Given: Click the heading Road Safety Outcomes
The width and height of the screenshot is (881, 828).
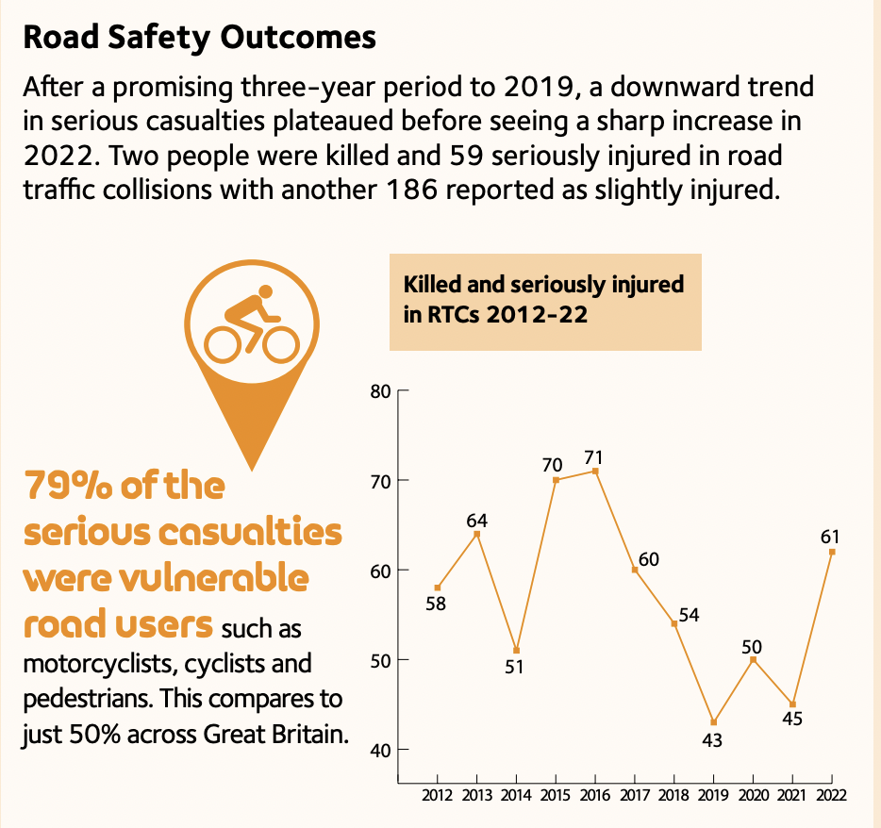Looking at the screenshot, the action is coord(199,38).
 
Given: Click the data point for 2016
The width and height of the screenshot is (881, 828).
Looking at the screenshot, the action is coord(595,471).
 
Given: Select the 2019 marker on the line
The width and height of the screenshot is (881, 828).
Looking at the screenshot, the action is coord(713,721).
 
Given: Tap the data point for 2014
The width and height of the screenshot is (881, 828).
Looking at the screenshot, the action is coord(516,650).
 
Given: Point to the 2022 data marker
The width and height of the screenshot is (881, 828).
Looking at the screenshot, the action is coord(832,552).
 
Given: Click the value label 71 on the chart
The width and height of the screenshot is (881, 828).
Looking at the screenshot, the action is coord(593,457).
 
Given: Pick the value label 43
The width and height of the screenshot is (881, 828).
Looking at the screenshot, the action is coord(712,741).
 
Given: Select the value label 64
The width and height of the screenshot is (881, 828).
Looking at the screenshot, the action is coord(477,521).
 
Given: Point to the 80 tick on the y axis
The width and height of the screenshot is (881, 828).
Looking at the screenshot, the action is coord(380,391).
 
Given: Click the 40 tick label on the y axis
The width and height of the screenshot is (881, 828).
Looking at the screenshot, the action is coord(380,750).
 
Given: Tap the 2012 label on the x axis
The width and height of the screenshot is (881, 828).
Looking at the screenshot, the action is coord(437,795).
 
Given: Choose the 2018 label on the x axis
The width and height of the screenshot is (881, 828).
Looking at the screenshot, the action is coord(673,795).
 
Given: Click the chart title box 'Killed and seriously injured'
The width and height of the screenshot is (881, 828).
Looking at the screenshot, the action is coord(545,302).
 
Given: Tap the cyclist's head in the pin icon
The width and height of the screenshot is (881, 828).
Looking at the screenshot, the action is coord(266,291).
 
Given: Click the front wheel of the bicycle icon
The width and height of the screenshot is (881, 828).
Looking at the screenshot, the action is coord(281,344).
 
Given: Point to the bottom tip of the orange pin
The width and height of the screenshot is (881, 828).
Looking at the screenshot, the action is coord(252,471).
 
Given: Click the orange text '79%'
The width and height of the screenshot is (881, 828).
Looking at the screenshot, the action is coord(68,485).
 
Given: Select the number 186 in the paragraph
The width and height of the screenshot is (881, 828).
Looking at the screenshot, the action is coord(412,190).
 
